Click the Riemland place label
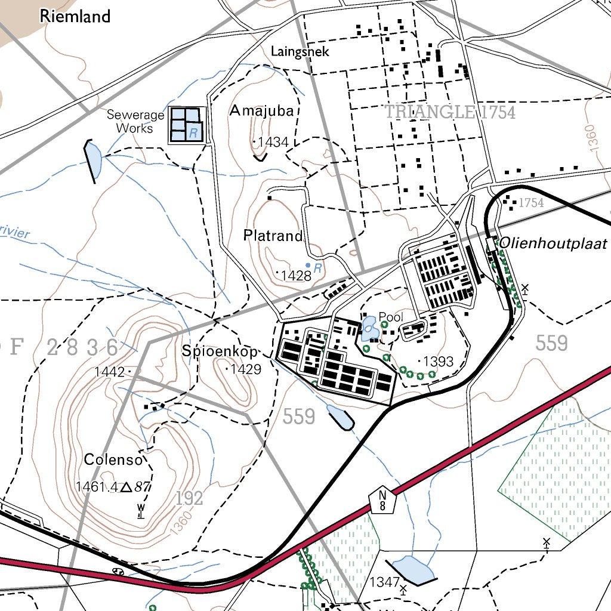75,16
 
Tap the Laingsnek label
300,52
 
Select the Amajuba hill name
261,110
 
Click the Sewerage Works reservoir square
185,125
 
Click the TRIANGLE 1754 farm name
450,112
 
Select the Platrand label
273,236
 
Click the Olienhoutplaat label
553,243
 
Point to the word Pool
391,317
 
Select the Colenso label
113,459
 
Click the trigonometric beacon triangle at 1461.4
126,487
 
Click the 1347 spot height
385,582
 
